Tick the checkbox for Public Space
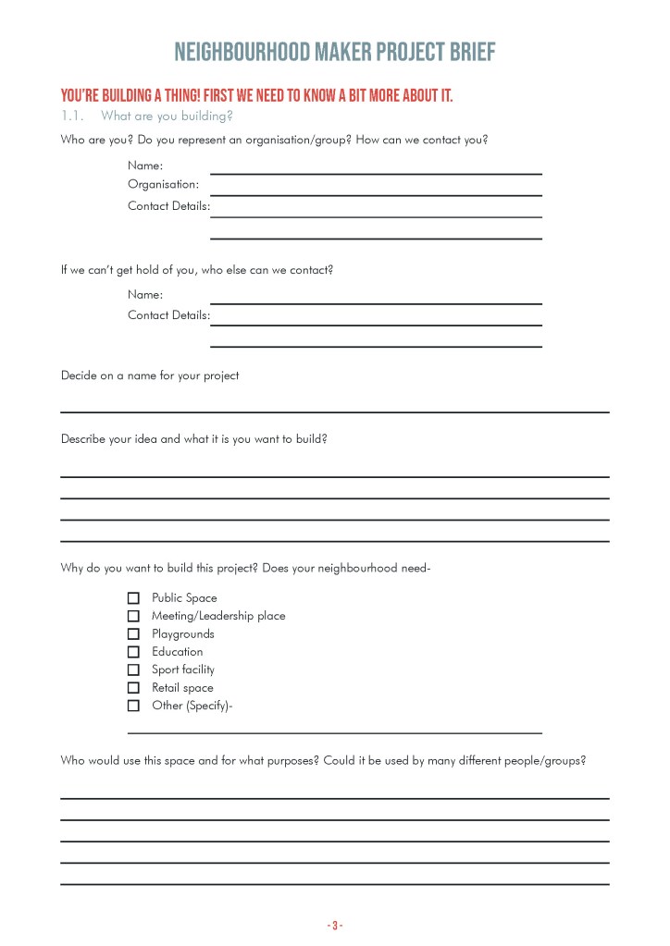[x=133, y=598]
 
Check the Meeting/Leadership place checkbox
[x=133, y=616]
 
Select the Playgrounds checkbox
[x=133, y=634]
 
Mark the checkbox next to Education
[x=133, y=652]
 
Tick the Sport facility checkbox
[x=133, y=670]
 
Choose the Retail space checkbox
[x=133, y=688]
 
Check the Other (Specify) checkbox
[x=133, y=706]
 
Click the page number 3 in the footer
[x=334, y=925]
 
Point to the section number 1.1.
[x=73, y=117]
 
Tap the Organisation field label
[x=163, y=184]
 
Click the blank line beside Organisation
[x=376, y=194]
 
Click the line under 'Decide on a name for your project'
[x=334, y=411]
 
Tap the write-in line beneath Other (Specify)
[x=334, y=731]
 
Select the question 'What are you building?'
[x=167, y=117]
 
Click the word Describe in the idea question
[x=83, y=439]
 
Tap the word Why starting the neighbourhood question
[x=72, y=568]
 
